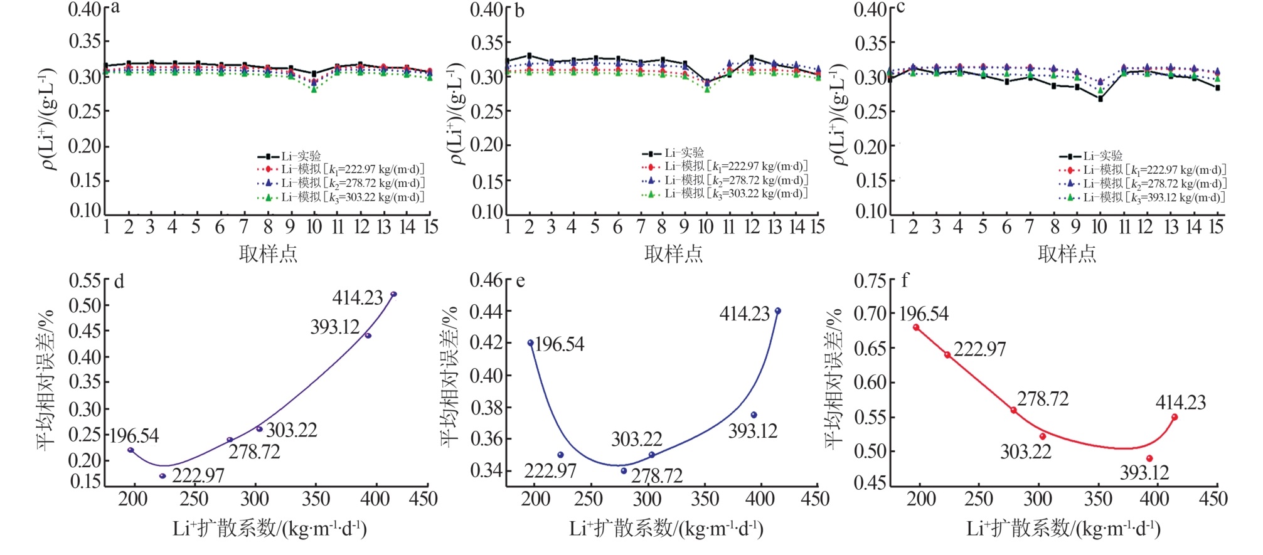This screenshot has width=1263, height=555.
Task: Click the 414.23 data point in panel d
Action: point(393,294)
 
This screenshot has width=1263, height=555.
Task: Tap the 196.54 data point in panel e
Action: point(531,343)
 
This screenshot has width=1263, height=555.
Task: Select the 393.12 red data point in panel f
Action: point(1149,458)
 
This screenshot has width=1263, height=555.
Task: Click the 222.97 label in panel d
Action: point(198,475)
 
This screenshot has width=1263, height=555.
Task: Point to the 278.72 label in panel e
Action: point(656,476)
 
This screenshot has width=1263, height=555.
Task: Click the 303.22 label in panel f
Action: point(1025,452)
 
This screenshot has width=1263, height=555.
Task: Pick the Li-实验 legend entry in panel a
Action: point(290,156)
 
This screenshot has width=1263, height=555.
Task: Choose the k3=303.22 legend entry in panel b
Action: point(725,194)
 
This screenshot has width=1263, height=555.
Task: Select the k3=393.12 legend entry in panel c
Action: point(1143,198)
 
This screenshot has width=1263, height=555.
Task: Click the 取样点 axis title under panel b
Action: point(673,253)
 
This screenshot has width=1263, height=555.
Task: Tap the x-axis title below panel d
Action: point(270,529)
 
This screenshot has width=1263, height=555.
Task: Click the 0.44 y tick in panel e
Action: point(487,311)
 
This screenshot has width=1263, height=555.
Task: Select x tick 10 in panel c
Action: point(1099,227)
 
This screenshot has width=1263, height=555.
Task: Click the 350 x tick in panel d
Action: point(316,499)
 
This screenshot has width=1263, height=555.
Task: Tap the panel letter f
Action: point(905,280)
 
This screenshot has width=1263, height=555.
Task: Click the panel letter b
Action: point(519,11)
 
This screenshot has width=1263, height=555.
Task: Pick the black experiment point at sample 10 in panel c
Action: point(1100,98)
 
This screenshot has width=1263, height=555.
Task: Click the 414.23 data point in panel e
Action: point(778,311)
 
